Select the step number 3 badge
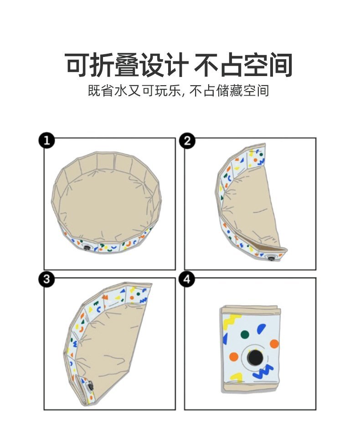46,279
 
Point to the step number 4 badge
186,279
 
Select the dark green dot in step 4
245,334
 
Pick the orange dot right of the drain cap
274,344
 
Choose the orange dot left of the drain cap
233,356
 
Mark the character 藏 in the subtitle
232,91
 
